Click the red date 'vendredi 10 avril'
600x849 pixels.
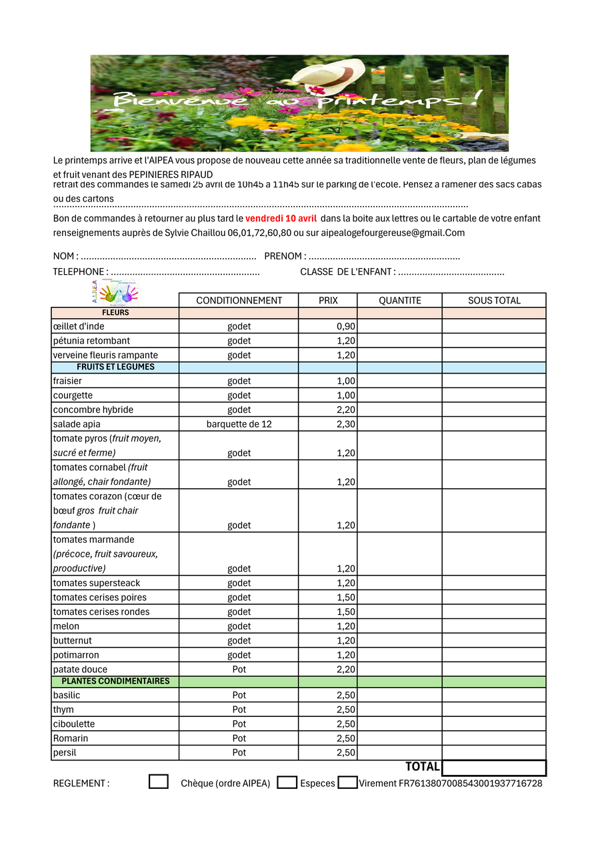(281, 218)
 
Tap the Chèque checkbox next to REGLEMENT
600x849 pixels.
(158, 782)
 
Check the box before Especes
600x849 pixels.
(287, 782)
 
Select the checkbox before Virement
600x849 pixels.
(347, 782)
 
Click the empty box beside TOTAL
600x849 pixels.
(493, 768)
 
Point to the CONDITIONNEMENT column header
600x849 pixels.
(239, 301)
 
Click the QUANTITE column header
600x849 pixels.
(399, 301)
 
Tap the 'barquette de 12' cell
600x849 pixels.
(239, 424)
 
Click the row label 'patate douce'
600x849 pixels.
(80, 670)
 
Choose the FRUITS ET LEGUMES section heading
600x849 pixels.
(115, 367)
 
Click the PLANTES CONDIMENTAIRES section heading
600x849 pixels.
(115, 682)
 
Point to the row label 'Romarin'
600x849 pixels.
(71, 738)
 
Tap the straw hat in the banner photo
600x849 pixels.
(331, 75)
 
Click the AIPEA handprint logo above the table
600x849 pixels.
(114, 291)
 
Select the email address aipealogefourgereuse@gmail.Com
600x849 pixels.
(393, 233)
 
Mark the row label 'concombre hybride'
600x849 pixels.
(93, 409)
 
